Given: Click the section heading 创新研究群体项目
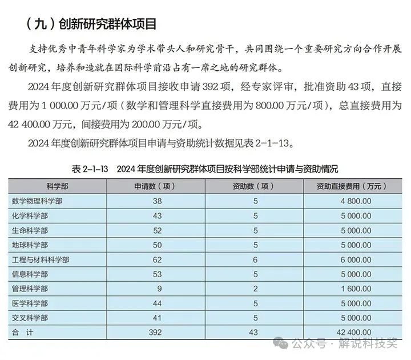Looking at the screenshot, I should pos(91,24).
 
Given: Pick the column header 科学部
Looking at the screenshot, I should pos(57,186).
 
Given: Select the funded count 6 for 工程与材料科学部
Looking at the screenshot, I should pos(256,259).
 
